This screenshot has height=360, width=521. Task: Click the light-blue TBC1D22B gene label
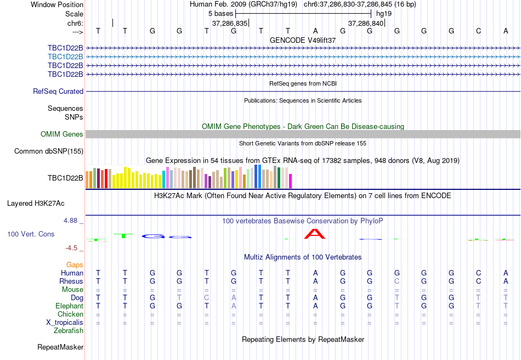click(x=65, y=57)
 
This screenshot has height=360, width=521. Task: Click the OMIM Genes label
click(x=62, y=134)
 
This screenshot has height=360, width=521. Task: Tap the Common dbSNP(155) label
click(x=49, y=151)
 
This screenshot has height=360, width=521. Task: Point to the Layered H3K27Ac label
click(x=36, y=203)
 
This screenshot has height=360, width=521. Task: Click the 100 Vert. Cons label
click(x=31, y=234)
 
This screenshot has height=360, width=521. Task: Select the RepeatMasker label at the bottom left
click(x=60, y=347)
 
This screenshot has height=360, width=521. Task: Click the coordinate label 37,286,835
click(x=230, y=24)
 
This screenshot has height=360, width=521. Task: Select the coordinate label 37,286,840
click(x=366, y=24)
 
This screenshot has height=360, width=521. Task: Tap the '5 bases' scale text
click(x=221, y=13)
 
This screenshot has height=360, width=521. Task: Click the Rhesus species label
click(x=71, y=282)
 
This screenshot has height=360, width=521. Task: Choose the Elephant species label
click(x=69, y=306)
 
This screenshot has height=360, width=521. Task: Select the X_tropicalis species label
click(x=65, y=323)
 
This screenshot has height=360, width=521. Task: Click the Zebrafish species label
click(x=69, y=331)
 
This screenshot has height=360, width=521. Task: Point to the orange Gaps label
click(x=75, y=265)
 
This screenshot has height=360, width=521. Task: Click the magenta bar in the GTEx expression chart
click(x=291, y=181)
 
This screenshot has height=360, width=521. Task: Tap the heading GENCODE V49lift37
click(x=303, y=41)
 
